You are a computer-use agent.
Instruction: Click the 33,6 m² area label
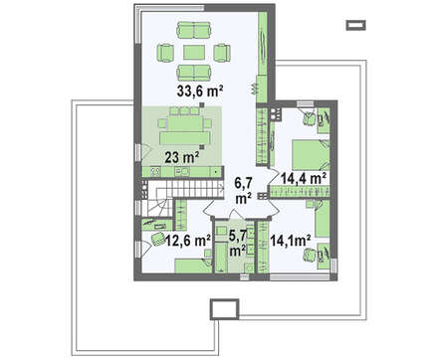[x=199, y=90]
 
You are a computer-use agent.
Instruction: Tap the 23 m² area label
[x=182, y=157]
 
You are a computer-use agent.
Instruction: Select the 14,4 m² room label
[x=304, y=178]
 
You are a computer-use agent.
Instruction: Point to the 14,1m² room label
[x=291, y=241]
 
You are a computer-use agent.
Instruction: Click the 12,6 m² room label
[x=188, y=241]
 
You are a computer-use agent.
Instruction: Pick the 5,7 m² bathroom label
[x=238, y=244]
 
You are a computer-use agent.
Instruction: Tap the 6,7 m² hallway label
[x=244, y=190]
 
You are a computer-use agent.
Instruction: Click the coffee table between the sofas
[x=194, y=53]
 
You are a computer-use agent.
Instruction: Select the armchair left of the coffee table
[x=165, y=53]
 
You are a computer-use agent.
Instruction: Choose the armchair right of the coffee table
[x=222, y=53]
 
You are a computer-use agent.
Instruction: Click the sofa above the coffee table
[x=194, y=30]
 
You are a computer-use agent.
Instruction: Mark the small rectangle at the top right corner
[x=356, y=25]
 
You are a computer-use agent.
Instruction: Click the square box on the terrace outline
[x=224, y=308]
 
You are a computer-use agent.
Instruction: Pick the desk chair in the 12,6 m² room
[x=156, y=239]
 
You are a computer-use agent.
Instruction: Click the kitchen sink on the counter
[x=181, y=171]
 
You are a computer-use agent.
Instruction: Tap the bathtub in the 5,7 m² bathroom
[x=221, y=258]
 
